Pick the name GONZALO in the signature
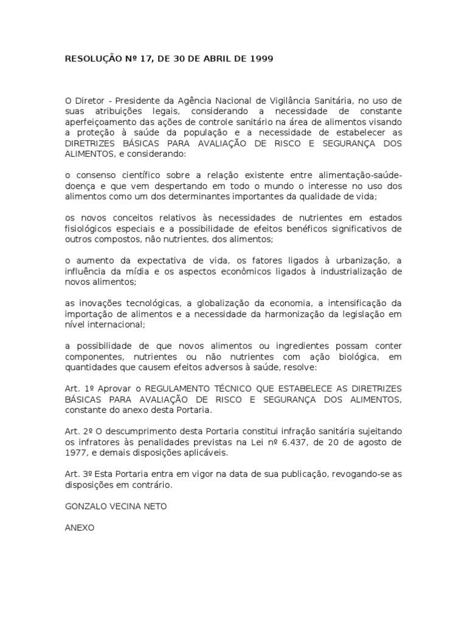(87, 505)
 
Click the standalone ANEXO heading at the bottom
(79, 527)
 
